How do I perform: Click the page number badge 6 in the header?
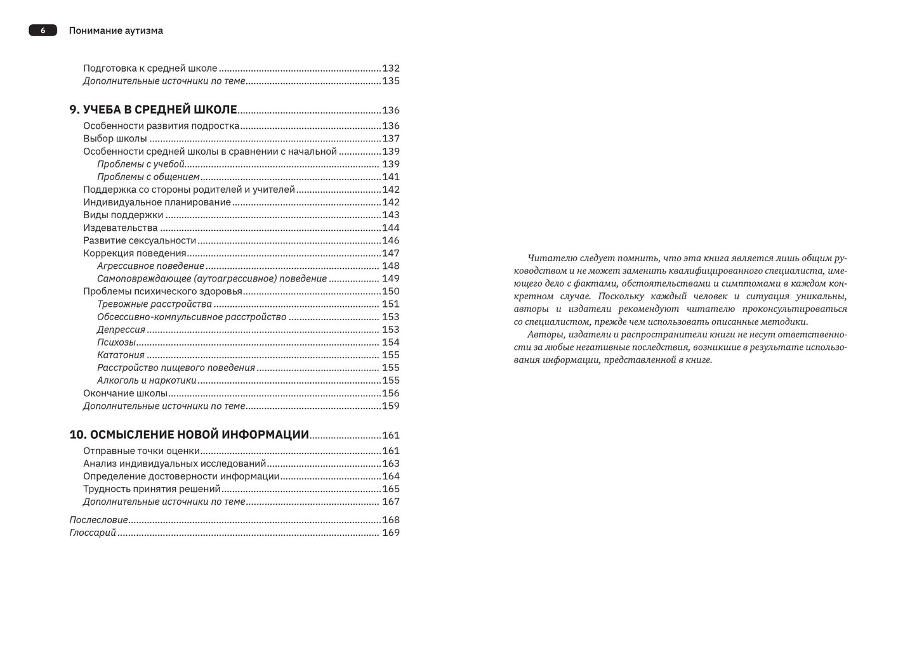pyautogui.click(x=43, y=30)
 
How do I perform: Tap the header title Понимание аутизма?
pyautogui.click(x=115, y=30)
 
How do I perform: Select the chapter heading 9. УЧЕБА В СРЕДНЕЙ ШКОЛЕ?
pyautogui.click(x=153, y=110)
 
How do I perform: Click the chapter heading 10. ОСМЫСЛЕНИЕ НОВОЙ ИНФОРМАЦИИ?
pyautogui.click(x=189, y=434)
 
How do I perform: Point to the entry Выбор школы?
pyautogui.click(x=115, y=138)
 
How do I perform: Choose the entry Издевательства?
pyautogui.click(x=120, y=228)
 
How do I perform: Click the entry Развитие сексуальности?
pyautogui.click(x=140, y=240)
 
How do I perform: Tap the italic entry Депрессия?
pyautogui.click(x=121, y=329)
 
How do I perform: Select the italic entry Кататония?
pyautogui.click(x=121, y=354)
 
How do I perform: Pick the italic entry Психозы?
pyautogui.click(x=116, y=342)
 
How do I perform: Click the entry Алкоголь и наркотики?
pyautogui.click(x=147, y=380)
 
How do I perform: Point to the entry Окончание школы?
pyautogui.click(x=125, y=392)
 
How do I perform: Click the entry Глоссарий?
pyautogui.click(x=93, y=532)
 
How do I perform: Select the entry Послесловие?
pyautogui.click(x=98, y=519)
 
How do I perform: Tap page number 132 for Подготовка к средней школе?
pyautogui.click(x=390, y=68)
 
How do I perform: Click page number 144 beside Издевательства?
pyautogui.click(x=390, y=228)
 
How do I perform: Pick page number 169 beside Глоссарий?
pyautogui.click(x=390, y=532)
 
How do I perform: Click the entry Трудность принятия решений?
pyautogui.click(x=152, y=488)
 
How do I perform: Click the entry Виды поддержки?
pyautogui.click(x=123, y=215)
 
